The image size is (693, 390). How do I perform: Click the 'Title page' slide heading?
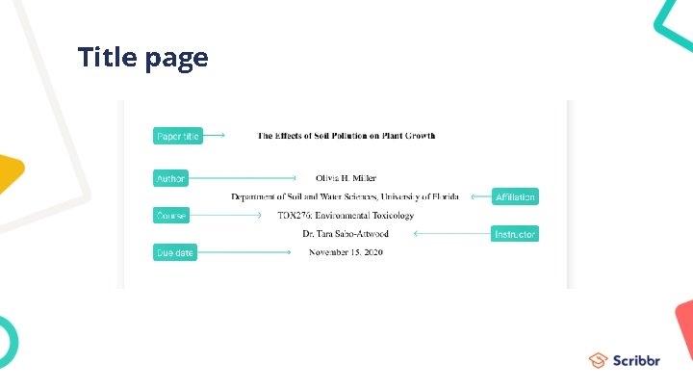coord(142,58)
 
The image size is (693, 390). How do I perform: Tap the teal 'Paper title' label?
coord(177,137)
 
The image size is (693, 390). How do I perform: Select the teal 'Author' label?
coord(170,178)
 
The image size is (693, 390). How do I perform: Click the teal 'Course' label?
coord(171,216)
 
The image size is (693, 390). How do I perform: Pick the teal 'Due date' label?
coord(174,253)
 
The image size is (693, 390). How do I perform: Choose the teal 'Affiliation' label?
coord(515,197)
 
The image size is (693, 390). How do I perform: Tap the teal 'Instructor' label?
coord(515,234)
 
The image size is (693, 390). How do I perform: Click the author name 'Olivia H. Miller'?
coord(346,178)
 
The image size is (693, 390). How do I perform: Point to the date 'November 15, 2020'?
coord(346,252)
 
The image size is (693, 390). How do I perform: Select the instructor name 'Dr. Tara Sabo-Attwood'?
coord(346,234)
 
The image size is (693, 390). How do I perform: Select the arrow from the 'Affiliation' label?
coord(478,196)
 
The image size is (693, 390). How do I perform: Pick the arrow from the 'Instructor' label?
coord(451,234)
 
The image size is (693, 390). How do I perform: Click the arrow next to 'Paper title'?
coord(214,136)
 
